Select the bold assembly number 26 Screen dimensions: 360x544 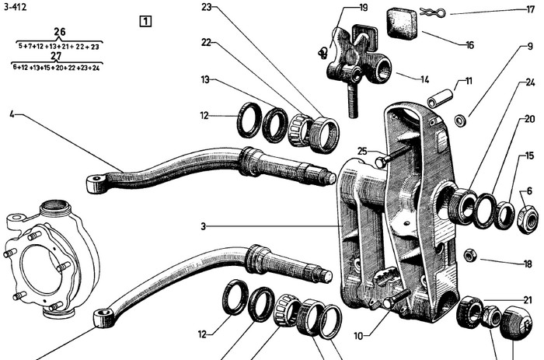pos(59,32)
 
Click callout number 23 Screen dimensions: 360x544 pos(207,7)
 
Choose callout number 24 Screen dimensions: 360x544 pos(530,82)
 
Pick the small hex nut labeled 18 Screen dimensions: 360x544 pos(469,255)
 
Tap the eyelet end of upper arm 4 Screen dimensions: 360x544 pos(96,182)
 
